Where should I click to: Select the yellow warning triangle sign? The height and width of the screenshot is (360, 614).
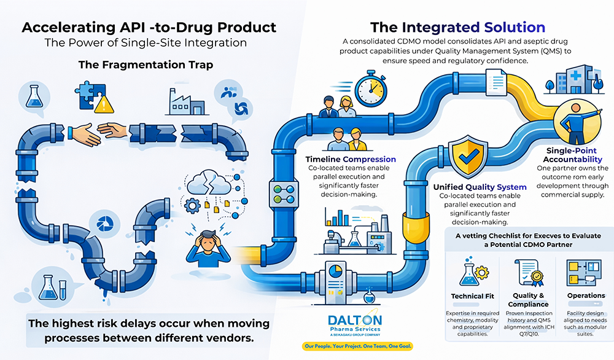[x=106, y=104]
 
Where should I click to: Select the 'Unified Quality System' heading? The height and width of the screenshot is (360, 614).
[x=480, y=187]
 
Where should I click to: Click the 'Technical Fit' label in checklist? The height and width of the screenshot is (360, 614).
[x=472, y=296]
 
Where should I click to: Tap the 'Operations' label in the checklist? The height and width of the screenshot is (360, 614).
[x=586, y=295]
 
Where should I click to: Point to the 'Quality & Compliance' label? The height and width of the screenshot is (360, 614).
[x=528, y=300]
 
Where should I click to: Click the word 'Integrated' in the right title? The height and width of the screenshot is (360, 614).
[x=440, y=27]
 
